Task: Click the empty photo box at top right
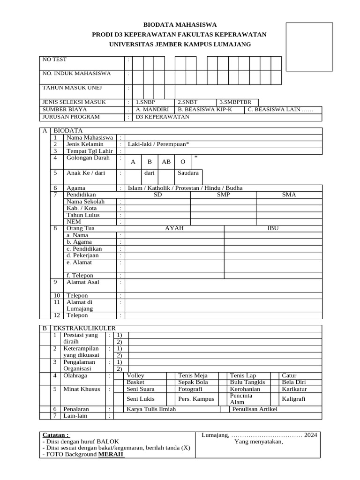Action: coord(309,46)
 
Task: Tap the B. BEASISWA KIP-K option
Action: coord(205,109)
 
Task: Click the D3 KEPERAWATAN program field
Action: coord(162,117)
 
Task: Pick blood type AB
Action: coord(166,162)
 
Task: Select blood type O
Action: coord(183,162)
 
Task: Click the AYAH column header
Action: coord(174,228)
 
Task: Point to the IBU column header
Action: coord(273,228)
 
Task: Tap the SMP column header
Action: coord(223,195)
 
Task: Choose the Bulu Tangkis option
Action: coord(247,382)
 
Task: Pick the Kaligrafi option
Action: coord(293,399)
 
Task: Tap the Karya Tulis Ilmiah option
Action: coord(151,409)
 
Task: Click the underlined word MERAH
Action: coord(111,455)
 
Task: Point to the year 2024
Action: coord(310,435)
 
